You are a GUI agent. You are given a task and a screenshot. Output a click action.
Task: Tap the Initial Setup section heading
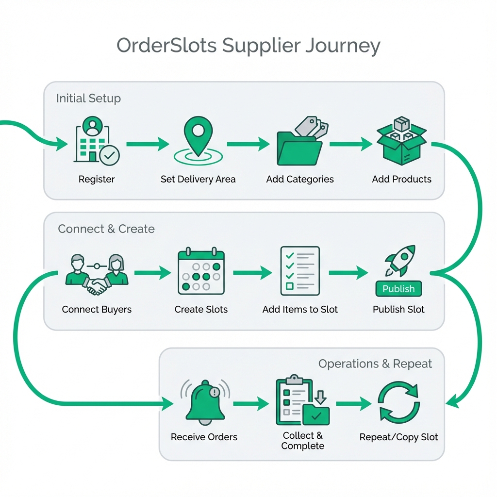(x=88, y=99)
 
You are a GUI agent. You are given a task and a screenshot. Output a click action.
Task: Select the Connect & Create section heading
(x=106, y=229)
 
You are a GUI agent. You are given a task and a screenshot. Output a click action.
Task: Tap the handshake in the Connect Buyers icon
(x=97, y=286)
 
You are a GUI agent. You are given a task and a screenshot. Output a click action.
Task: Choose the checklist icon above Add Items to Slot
(x=300, y=271)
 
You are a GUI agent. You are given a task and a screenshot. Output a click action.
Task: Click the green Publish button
(x=398, y=289)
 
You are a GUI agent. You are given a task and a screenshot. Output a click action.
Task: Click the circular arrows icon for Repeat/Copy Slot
(x=398, y=402)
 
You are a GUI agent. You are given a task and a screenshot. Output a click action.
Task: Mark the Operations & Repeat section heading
(x=375, y=364)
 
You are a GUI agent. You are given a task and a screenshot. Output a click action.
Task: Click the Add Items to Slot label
(x=300, y=310)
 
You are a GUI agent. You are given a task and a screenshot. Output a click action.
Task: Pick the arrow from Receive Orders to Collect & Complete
(x=250, y=403)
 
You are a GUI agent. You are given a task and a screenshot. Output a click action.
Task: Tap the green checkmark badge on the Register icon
(x=110, y=156)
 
